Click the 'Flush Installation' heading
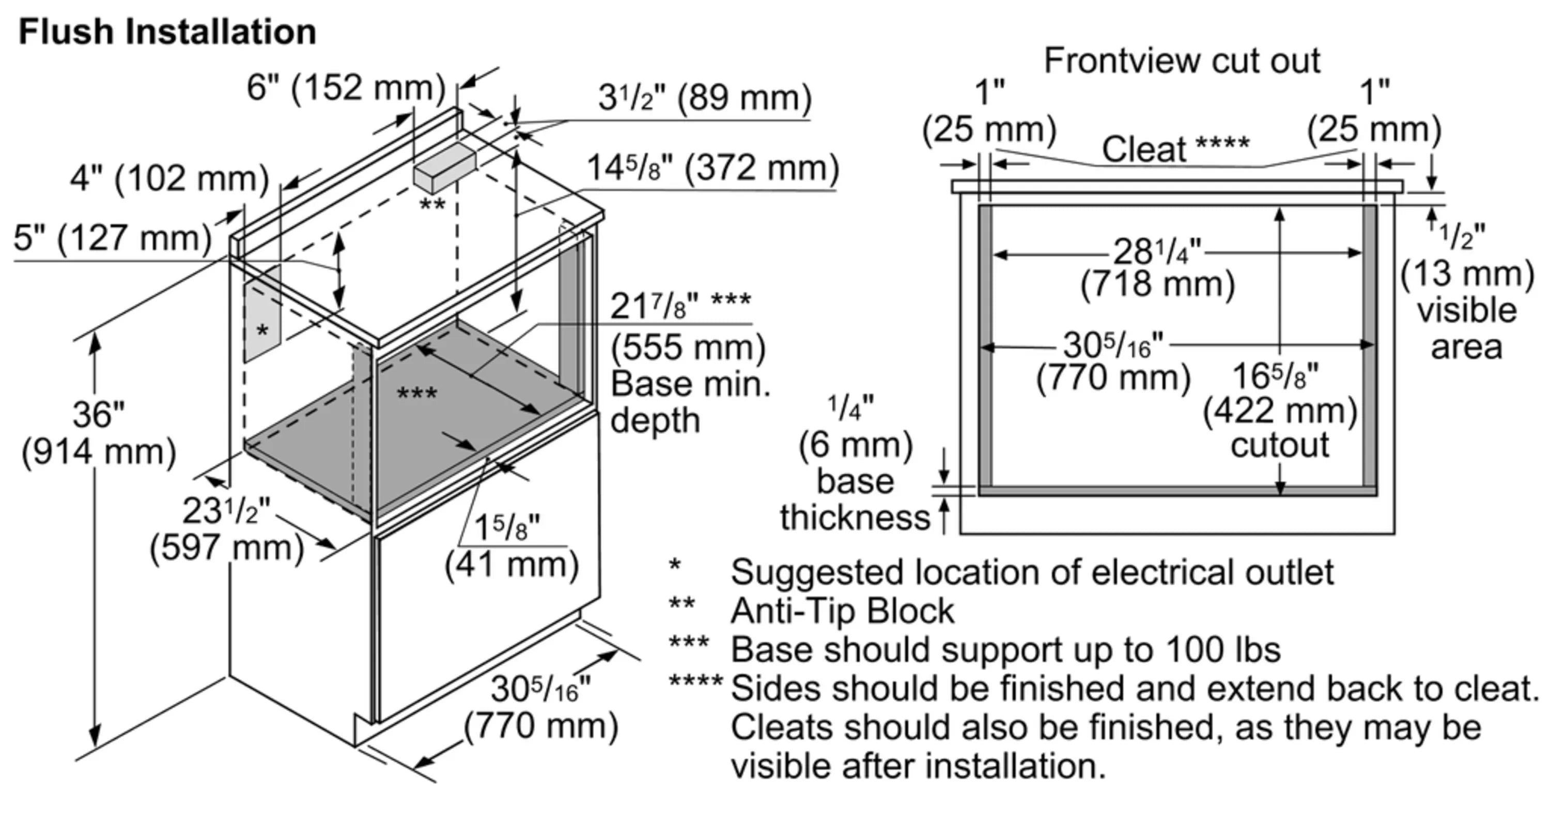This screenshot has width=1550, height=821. click(x=167, y=32)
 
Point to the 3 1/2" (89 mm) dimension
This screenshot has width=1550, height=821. click(x=705, y=98)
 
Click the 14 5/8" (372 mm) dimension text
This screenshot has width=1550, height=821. click(x=712, y=168)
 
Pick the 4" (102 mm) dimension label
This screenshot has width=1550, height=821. click(x=169, y=179)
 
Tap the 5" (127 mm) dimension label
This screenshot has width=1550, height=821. click(x=113, y=238)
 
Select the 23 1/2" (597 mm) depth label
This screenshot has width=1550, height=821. click(x=227, y=529)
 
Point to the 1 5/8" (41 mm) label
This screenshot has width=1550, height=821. click(x=512, y=546)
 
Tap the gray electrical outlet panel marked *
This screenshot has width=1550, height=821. click(x=262, y=315)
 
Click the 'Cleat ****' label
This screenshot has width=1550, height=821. click(x=1175, y=149)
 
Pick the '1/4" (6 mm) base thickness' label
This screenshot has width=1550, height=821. click(x=855, y=463)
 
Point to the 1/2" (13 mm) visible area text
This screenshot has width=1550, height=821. click(x=1467, y=292)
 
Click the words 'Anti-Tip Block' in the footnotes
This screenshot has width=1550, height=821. click(x=842, y=611)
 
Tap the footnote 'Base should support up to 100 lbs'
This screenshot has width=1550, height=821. click(x=1005, y=650)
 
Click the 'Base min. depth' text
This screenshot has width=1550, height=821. click(x=690, y=402)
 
